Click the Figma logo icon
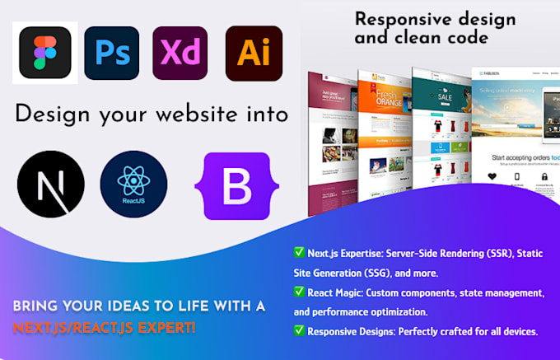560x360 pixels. pos(45,53)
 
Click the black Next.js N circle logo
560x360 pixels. pos(50,184)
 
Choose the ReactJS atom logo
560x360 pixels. pos(133,184)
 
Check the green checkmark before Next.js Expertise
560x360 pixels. pos(298,252)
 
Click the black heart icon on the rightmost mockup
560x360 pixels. pos(492,175)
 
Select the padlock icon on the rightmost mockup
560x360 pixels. pos(544,175)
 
